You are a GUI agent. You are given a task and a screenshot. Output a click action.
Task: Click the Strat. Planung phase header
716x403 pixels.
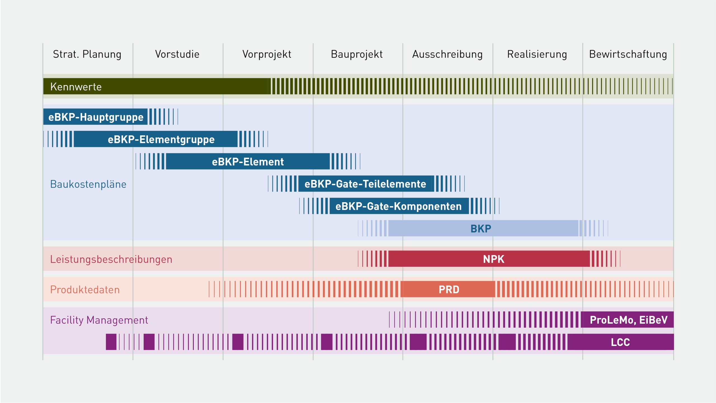click(87, 54)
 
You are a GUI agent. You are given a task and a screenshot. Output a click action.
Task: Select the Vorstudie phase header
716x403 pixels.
click(177, 54)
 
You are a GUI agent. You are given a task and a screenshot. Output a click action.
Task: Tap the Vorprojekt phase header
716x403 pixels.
click(267, 54)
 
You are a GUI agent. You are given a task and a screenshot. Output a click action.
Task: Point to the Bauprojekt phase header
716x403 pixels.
click(357, 54)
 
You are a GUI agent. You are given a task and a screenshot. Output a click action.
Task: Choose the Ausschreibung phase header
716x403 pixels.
click(447, 54)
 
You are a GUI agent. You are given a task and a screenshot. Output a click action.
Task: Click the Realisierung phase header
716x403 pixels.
click(537, 54)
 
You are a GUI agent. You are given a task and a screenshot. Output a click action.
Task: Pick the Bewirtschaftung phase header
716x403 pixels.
click(628, 54)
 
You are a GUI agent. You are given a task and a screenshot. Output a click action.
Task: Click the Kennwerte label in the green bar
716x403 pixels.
click(76, 87)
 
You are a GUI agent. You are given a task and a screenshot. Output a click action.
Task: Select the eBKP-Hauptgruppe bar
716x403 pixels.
click(95, 117)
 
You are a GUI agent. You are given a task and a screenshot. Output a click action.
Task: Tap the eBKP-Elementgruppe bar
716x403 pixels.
click(156, 139)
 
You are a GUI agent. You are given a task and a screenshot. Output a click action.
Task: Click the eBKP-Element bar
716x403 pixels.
click(248, 161)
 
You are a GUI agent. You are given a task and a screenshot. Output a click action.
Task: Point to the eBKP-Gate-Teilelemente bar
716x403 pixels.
click(366, 184)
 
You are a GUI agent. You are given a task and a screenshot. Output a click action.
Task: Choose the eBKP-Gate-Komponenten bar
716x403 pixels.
click(399, 206)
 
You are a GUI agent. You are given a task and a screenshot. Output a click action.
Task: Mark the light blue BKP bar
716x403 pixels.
click(483, 228)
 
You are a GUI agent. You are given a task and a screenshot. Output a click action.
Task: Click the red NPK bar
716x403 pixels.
click(489, 259)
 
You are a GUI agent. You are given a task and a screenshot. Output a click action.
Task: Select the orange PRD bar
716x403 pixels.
click(448, 289)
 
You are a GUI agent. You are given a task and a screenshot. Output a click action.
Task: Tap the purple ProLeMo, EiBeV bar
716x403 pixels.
click(627, 320)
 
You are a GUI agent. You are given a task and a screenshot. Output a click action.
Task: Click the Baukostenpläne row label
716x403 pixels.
click(88, 184)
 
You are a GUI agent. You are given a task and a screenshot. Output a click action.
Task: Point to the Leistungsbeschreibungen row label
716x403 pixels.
click(111, 260)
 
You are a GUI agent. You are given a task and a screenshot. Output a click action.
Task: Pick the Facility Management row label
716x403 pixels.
click(99, 320)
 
